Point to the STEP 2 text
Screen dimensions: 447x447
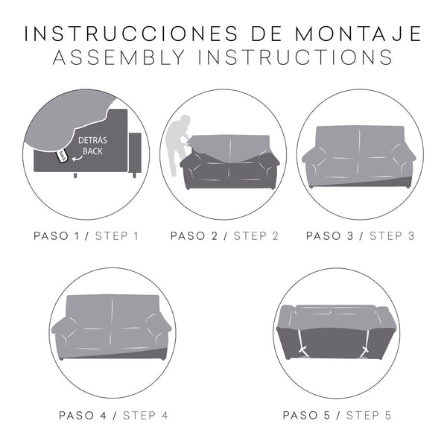(256, 236)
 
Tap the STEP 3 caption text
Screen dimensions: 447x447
(392, 236)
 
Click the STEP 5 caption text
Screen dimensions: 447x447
(367, 415)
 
